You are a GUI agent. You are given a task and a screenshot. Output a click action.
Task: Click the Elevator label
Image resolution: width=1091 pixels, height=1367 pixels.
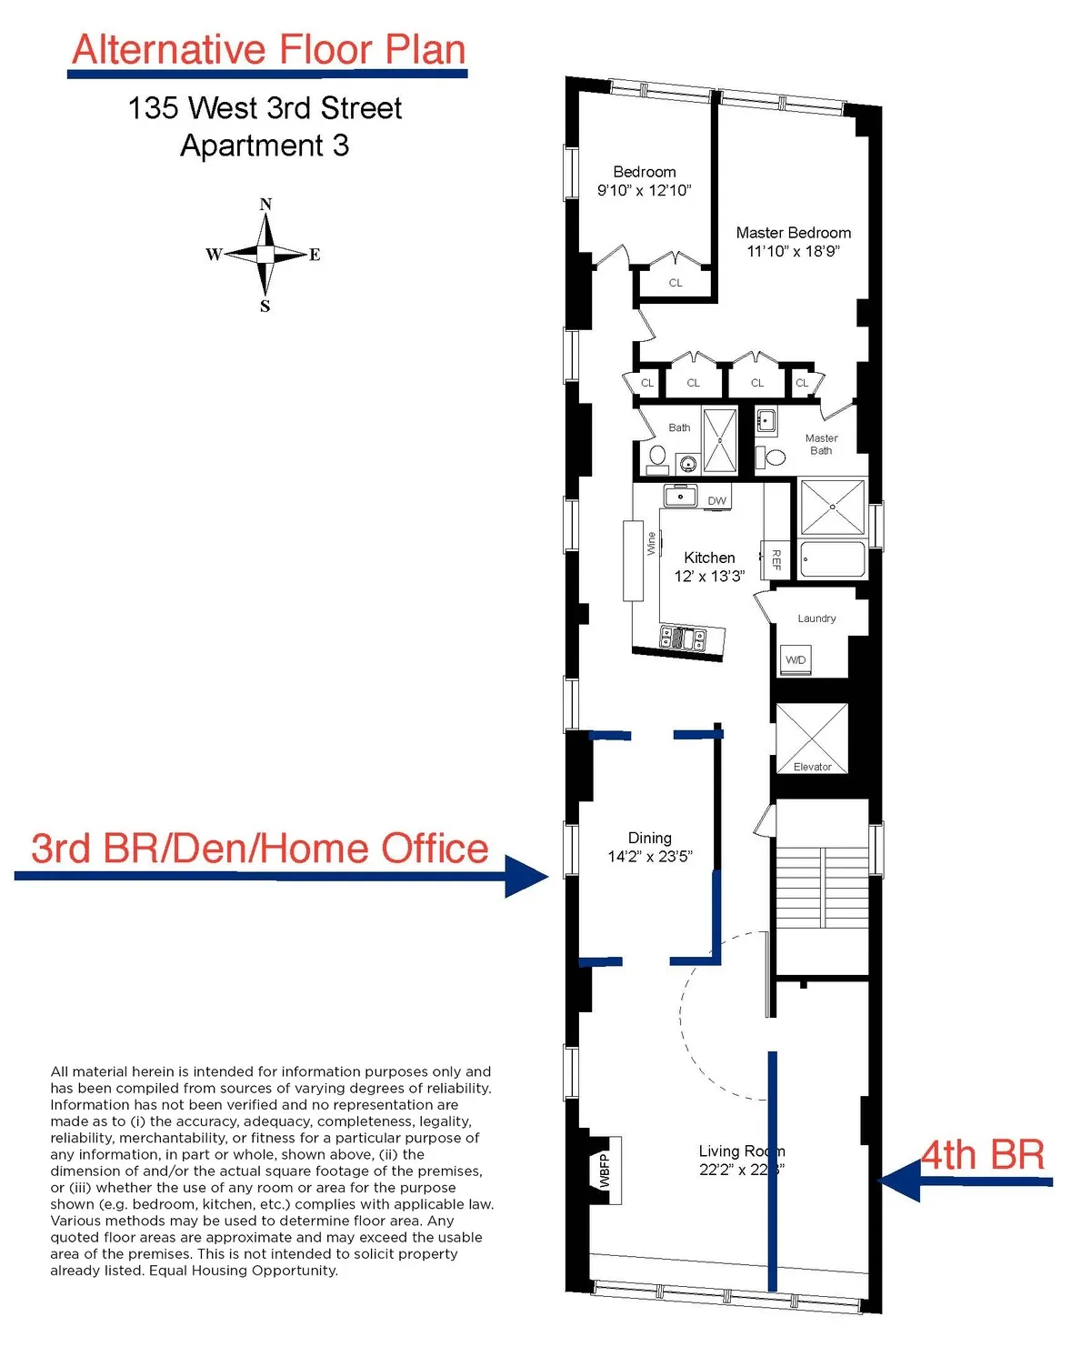click(x=812, y=767)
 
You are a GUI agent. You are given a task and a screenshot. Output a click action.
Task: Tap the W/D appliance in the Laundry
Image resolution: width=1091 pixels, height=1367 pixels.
click(x=795, y=659)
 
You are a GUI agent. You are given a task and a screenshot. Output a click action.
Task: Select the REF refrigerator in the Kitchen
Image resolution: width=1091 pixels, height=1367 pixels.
click(x=776, y=558)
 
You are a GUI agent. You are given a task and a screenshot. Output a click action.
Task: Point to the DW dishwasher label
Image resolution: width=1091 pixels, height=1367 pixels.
click(x=717, y=500)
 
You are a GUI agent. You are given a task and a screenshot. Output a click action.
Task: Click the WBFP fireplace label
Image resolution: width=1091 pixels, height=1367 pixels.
click(x=605, y=1171)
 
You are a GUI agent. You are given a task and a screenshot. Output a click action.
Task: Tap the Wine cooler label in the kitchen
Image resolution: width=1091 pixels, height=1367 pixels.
click(x=651, y=544)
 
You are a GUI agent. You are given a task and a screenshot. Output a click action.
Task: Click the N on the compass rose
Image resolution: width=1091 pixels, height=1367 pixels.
click(x=265, y=205)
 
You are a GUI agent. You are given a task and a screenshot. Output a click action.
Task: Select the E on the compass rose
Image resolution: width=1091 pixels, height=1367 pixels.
click(x=315, y=255)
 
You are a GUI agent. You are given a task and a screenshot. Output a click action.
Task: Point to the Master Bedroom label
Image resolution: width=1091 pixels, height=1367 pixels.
click(x=794, y=233)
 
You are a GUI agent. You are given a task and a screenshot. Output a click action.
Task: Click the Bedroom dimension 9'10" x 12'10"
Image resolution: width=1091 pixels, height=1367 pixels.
click(x=644, y=190)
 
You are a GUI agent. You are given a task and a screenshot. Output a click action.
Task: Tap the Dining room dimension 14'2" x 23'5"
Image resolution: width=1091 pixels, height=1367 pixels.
click(x=650, y=856)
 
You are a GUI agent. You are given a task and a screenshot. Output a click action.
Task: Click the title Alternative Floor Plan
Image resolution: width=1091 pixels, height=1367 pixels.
click(x=268, y=50)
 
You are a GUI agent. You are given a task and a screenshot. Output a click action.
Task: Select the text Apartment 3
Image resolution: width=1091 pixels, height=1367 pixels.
click(x=265, y=146)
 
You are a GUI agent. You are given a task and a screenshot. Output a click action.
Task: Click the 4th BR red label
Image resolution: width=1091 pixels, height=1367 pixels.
click(x=983, y=1155)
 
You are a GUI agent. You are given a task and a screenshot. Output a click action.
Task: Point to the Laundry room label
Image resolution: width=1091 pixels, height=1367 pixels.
click(x=816, y=618)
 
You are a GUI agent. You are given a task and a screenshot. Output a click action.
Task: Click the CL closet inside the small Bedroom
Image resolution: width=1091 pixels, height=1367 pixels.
click(x=676, y=283)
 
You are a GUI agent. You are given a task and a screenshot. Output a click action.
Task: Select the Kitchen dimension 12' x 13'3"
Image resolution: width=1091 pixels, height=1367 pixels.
click(x=709, y=576)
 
